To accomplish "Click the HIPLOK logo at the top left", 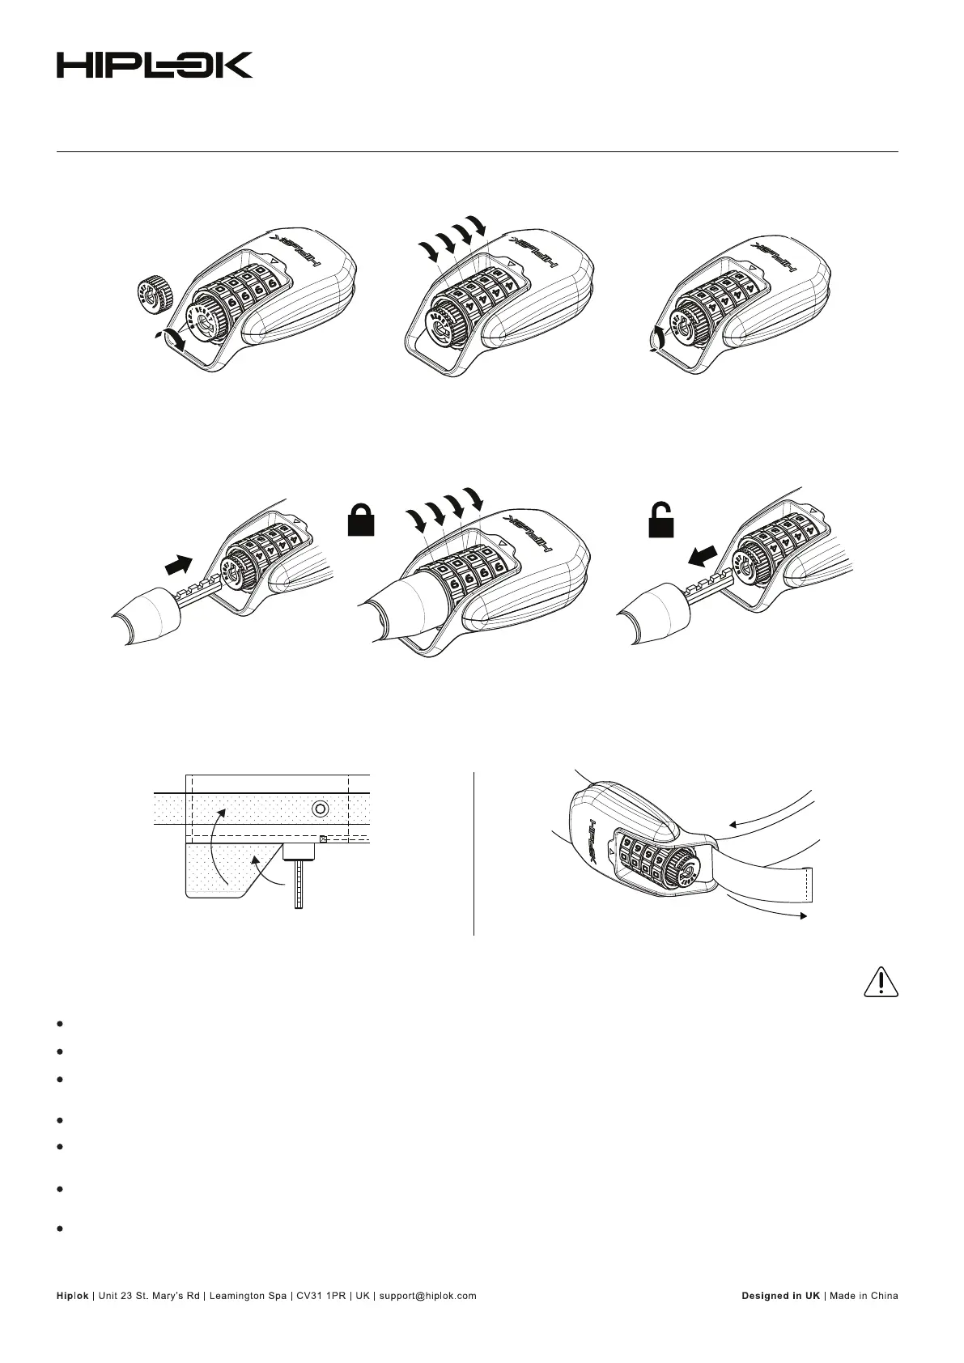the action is (x=154, y=65).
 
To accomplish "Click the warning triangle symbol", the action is (x=879, y=982).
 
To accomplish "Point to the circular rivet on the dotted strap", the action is (x=321, y=809).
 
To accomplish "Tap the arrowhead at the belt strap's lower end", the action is (x=802, y=915).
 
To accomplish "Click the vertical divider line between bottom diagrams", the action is (x=474, y=854).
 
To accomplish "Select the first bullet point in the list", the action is (x=61, y=1024).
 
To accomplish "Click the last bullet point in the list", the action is (x=61, y=1229).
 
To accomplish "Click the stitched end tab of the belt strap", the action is (x=810, y=885).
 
